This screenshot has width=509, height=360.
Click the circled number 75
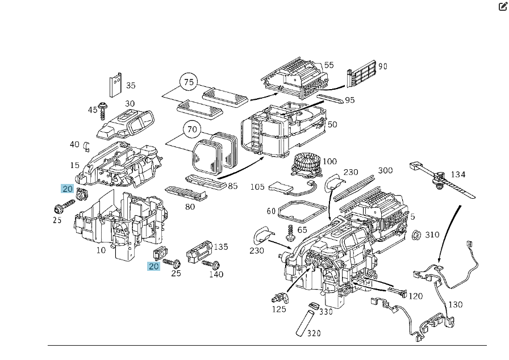coord(189,82)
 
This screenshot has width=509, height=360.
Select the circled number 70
coord(192,129)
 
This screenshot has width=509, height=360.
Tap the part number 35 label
coord(131,86)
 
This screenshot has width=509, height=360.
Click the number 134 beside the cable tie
coord(458,174)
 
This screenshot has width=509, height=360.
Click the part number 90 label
coord(383,66)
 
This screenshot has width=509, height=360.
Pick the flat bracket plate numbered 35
coord(115,85)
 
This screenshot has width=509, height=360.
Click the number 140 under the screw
coord(216,275)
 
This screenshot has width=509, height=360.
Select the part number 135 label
coord(220,246)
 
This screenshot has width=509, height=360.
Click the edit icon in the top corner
coord(503,6)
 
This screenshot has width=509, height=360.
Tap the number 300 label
coord(385,170)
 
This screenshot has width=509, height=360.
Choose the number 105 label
coord(258,187)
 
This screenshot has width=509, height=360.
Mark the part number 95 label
coord(349,101)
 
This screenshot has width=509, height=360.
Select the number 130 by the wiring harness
coord(456,304)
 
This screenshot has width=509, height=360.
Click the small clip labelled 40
coord(87,145)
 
